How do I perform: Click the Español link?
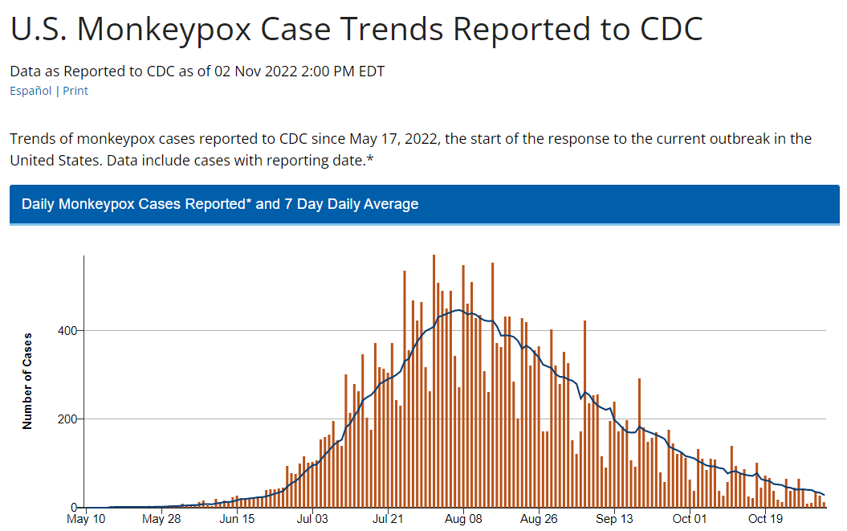pyautogui.click(x=31, y=91)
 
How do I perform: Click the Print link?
pyautogui.click(x=75, y=91)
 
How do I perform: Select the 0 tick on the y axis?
pyautogui.click(x=73, y=508)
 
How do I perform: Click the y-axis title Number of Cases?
pyautogui.click(x=27, y=381)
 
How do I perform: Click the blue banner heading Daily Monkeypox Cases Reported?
pyautogui.click(x=220, y=204)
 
